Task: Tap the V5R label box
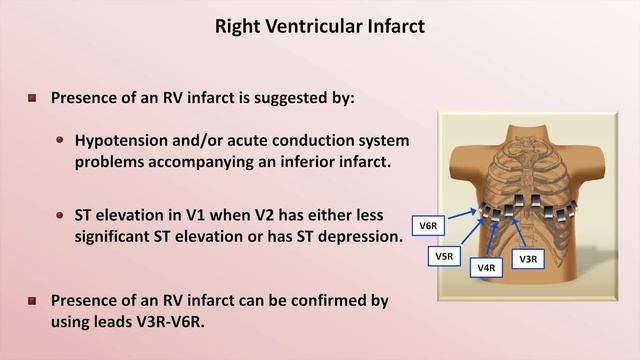pyautogui.click(x=444, y=257)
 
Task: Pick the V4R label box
pyautogui.click(x=487, y=267)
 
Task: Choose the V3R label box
pyautogui.click(x=529, y=258)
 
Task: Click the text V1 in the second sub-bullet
pyautogui.click(x=211, y=214)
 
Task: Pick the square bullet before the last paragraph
pyautogui.click(x=32, y=300)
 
